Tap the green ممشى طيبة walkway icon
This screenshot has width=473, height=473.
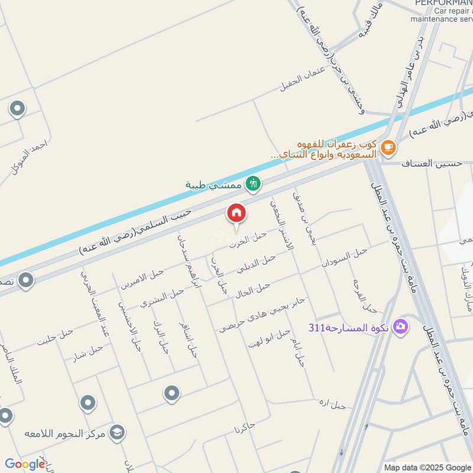pos(254,184)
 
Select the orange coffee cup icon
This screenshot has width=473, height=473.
pos(388,146)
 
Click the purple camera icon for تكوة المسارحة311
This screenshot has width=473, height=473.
pos(401,326)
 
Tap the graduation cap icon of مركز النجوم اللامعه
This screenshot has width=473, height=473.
pos(118,433)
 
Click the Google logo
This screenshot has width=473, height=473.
pos(24,464)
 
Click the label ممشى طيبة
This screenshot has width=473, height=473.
pos(213,185)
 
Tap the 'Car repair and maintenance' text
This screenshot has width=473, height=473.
pos(453,15)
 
